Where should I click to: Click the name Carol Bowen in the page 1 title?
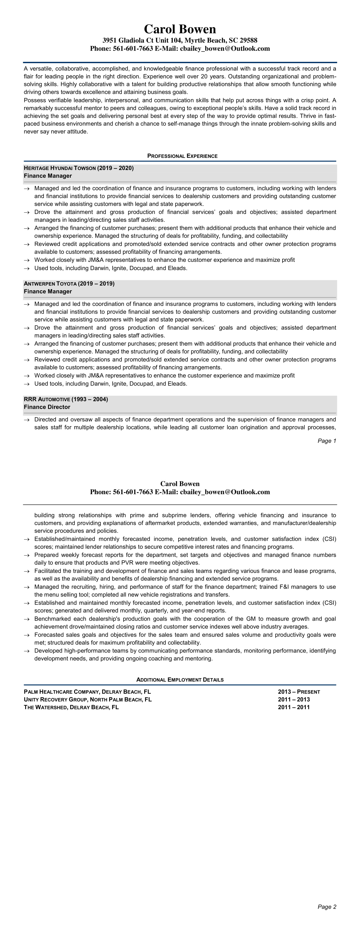click(x=180, y=29)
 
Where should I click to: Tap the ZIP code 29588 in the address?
click(x=249, y=40)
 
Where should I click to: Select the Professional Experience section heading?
click(x=182, y=156)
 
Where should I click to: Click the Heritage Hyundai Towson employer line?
click(x=79, y=168)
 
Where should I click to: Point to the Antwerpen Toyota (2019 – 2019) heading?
click(x=69, y=284)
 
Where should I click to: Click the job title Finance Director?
click(x=47, y=407)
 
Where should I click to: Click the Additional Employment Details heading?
click(x=180, y=680)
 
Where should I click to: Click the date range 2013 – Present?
click(x=299, y=692)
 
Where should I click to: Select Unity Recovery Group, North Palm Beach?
click(x=87, y=699)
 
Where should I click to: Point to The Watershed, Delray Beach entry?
click(x=71, y=707)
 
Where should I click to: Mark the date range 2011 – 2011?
click(x=294, y=707)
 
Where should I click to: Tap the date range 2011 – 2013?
click(x=294, y=699)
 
